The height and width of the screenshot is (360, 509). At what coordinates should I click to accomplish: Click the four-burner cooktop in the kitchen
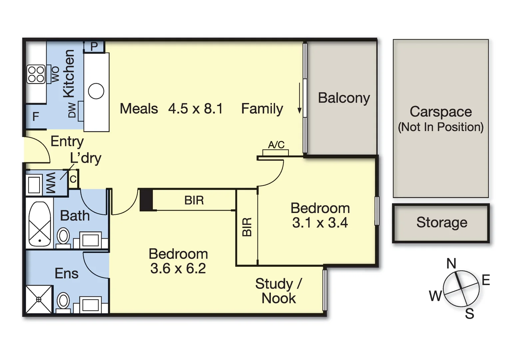click(36, 74)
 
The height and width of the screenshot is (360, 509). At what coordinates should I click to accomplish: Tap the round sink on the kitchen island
click(96, 91)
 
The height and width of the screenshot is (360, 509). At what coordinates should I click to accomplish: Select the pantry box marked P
click(94, 47)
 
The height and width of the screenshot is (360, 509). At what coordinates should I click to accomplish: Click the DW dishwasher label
click(72, 110)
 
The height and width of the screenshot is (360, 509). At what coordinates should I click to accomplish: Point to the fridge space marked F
click(36, 117)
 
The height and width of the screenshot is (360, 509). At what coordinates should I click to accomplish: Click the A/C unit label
click(276, 145)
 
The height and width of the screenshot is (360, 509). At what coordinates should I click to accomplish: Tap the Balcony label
click(344, 98)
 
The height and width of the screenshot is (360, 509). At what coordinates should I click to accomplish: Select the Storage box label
click(442, 222)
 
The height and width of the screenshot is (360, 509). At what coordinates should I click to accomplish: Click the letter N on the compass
click(451, 264)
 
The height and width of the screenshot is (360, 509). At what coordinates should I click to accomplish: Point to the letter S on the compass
click(469, 314)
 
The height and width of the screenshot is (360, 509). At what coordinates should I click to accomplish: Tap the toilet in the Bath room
click(63, 238)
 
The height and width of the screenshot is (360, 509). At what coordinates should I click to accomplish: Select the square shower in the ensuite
click(39, 300)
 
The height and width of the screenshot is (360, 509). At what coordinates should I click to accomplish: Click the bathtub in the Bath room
click(40, 224)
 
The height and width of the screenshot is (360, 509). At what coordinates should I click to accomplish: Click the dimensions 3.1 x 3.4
click(320, 223)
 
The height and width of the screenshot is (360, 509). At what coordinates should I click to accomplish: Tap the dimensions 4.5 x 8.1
click(196, 108)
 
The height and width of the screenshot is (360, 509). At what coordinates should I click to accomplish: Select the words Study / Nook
click(278, 291)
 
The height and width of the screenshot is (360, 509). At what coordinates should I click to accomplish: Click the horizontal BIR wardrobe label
click(194, 200)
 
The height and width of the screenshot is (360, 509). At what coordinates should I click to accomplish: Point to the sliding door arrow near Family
click(300, 98)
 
